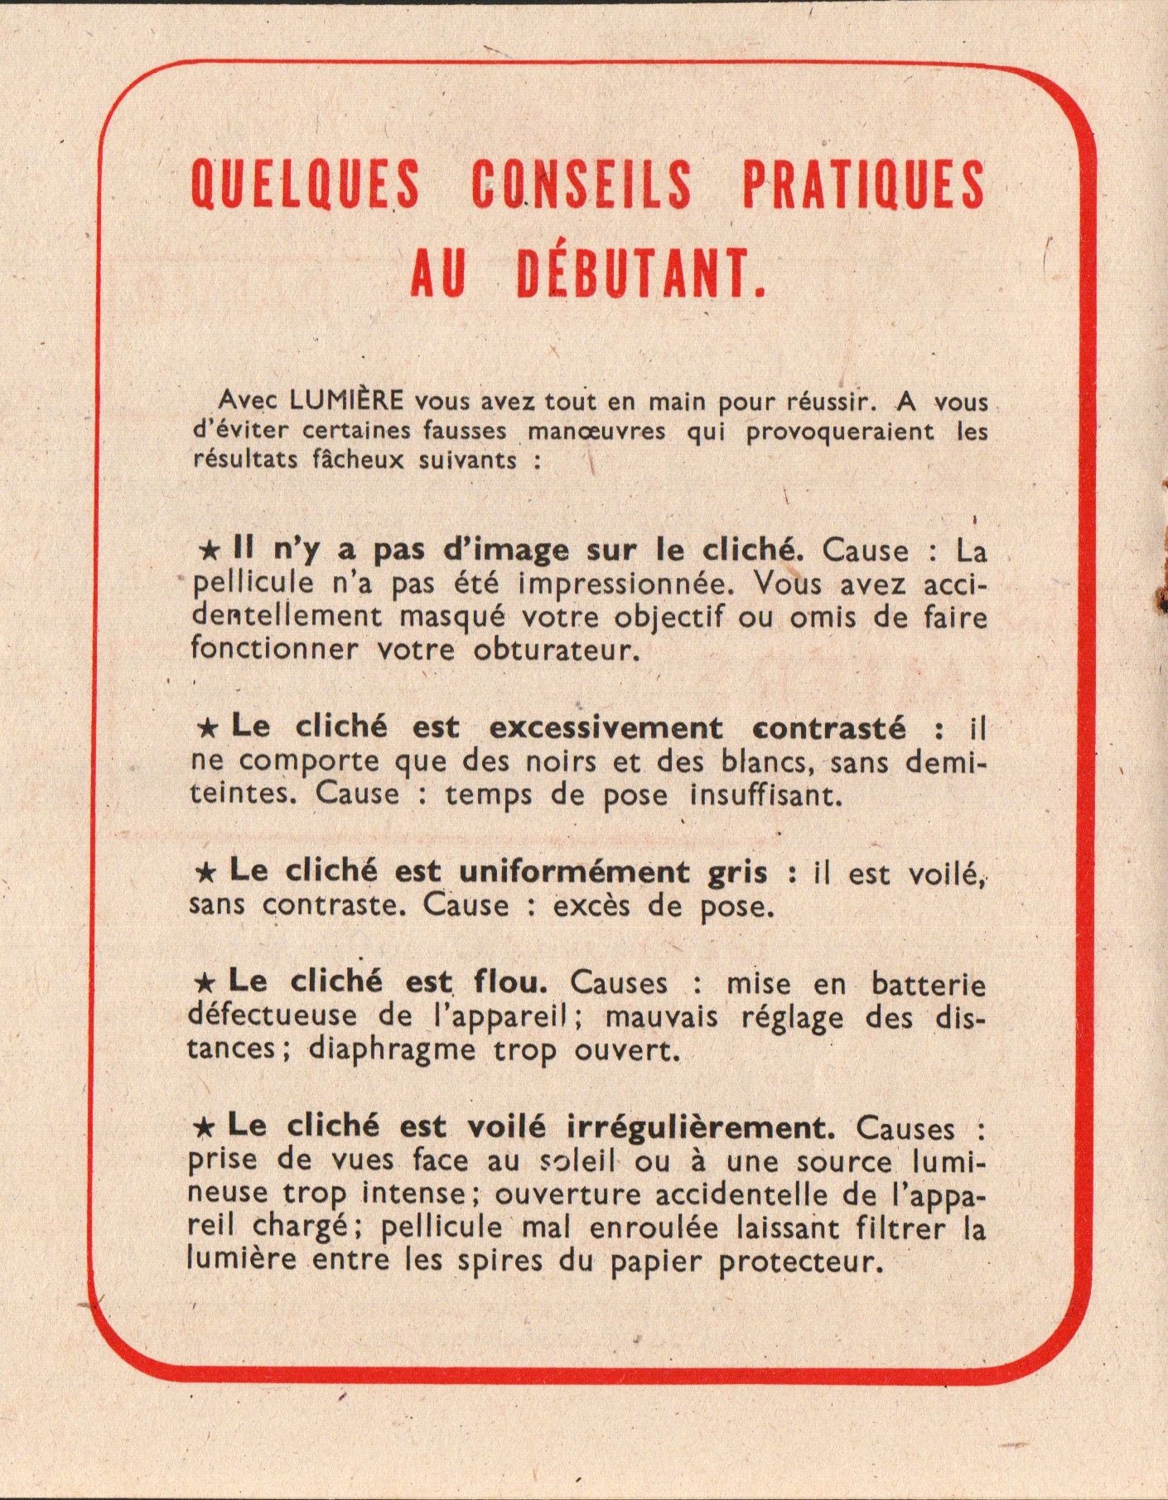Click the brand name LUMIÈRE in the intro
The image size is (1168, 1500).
(347, 400)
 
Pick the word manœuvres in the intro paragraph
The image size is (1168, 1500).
(596, 432)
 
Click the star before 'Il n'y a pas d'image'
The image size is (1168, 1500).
(210, 551)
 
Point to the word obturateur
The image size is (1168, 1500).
(557, 649)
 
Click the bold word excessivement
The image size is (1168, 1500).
(606, 728)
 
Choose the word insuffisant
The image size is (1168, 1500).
(765, 795)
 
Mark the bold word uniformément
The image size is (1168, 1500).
(574, 871)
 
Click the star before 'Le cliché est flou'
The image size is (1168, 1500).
(205, 983)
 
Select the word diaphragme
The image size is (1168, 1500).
(393, 1051)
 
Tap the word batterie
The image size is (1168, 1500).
(928, 984)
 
